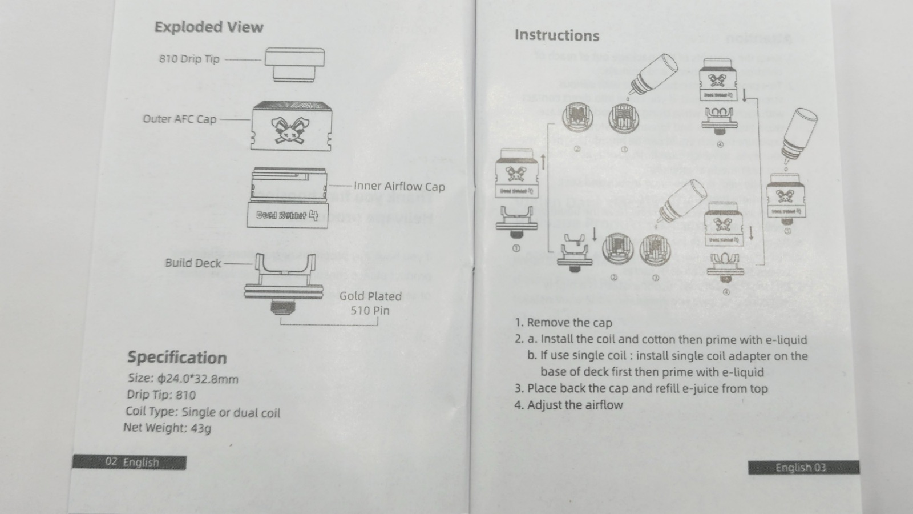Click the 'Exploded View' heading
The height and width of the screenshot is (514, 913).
[x=209, y=27]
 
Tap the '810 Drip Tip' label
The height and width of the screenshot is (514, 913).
[x=189, y=59]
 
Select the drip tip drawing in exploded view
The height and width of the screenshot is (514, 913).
[x=294, y=65]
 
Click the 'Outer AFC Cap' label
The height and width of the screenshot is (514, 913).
[x=179, y=119]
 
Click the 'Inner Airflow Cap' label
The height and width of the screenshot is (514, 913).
[x=399, y=186]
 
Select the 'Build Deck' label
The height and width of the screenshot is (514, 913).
[x=193, y=263]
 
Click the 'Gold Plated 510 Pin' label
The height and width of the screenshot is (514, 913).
[x=370, y=303]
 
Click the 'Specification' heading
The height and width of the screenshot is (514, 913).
[x=177, y=358]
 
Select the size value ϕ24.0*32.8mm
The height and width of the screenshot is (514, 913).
[x=198, y=379]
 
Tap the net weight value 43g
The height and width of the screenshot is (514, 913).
[x=200, y=428]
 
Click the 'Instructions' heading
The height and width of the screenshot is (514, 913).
[x=557, y=35]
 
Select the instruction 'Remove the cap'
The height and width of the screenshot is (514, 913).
[x=569, y=323]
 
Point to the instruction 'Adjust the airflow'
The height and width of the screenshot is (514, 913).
[x=575, y=405]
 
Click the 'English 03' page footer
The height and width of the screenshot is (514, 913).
[x=801, y=468]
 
